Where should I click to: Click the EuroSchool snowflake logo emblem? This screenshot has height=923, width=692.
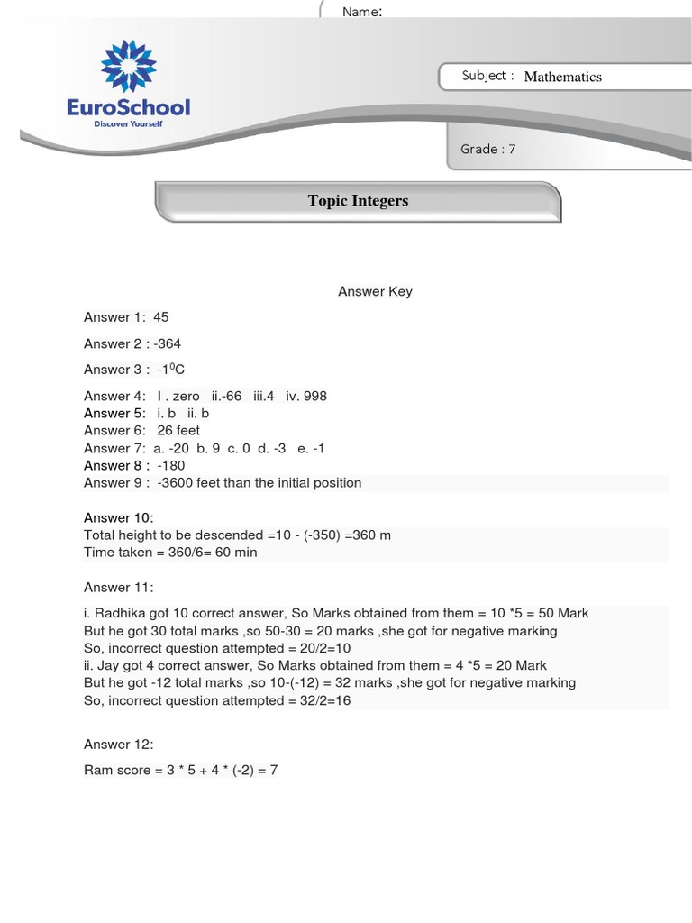click(x=129, y=67)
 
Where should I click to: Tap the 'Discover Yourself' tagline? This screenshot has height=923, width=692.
click(x=129, y=124)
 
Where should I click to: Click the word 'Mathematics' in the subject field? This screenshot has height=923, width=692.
click(x=562, y=77)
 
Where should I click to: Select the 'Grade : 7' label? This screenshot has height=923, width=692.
click(x=487, y=149)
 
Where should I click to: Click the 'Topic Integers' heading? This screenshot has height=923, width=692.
click(x=358, y=200)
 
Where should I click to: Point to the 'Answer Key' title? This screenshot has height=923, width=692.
click(x=375, y=291)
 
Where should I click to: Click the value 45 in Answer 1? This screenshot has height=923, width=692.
click(x=161, y=317)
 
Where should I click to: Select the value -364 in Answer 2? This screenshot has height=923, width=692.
click(x=167, y=343)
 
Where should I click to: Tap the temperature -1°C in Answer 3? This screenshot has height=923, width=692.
click(x=170, y=370)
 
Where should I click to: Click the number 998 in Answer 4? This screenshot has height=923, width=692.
click(x=314, y=396)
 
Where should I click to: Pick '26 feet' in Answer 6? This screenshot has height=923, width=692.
click(x=178, y=430)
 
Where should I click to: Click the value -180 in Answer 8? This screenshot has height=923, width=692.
click(x=170, y=465)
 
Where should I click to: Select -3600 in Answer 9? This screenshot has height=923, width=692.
click(x=177, y=483)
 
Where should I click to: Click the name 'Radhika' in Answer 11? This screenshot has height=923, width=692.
click(x=120, y=613)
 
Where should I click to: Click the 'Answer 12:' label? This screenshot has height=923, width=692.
click(x=119, y=744)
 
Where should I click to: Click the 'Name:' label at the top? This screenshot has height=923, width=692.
click(x=361, y=12)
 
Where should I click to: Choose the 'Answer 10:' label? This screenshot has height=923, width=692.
click(x=119, y=517)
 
